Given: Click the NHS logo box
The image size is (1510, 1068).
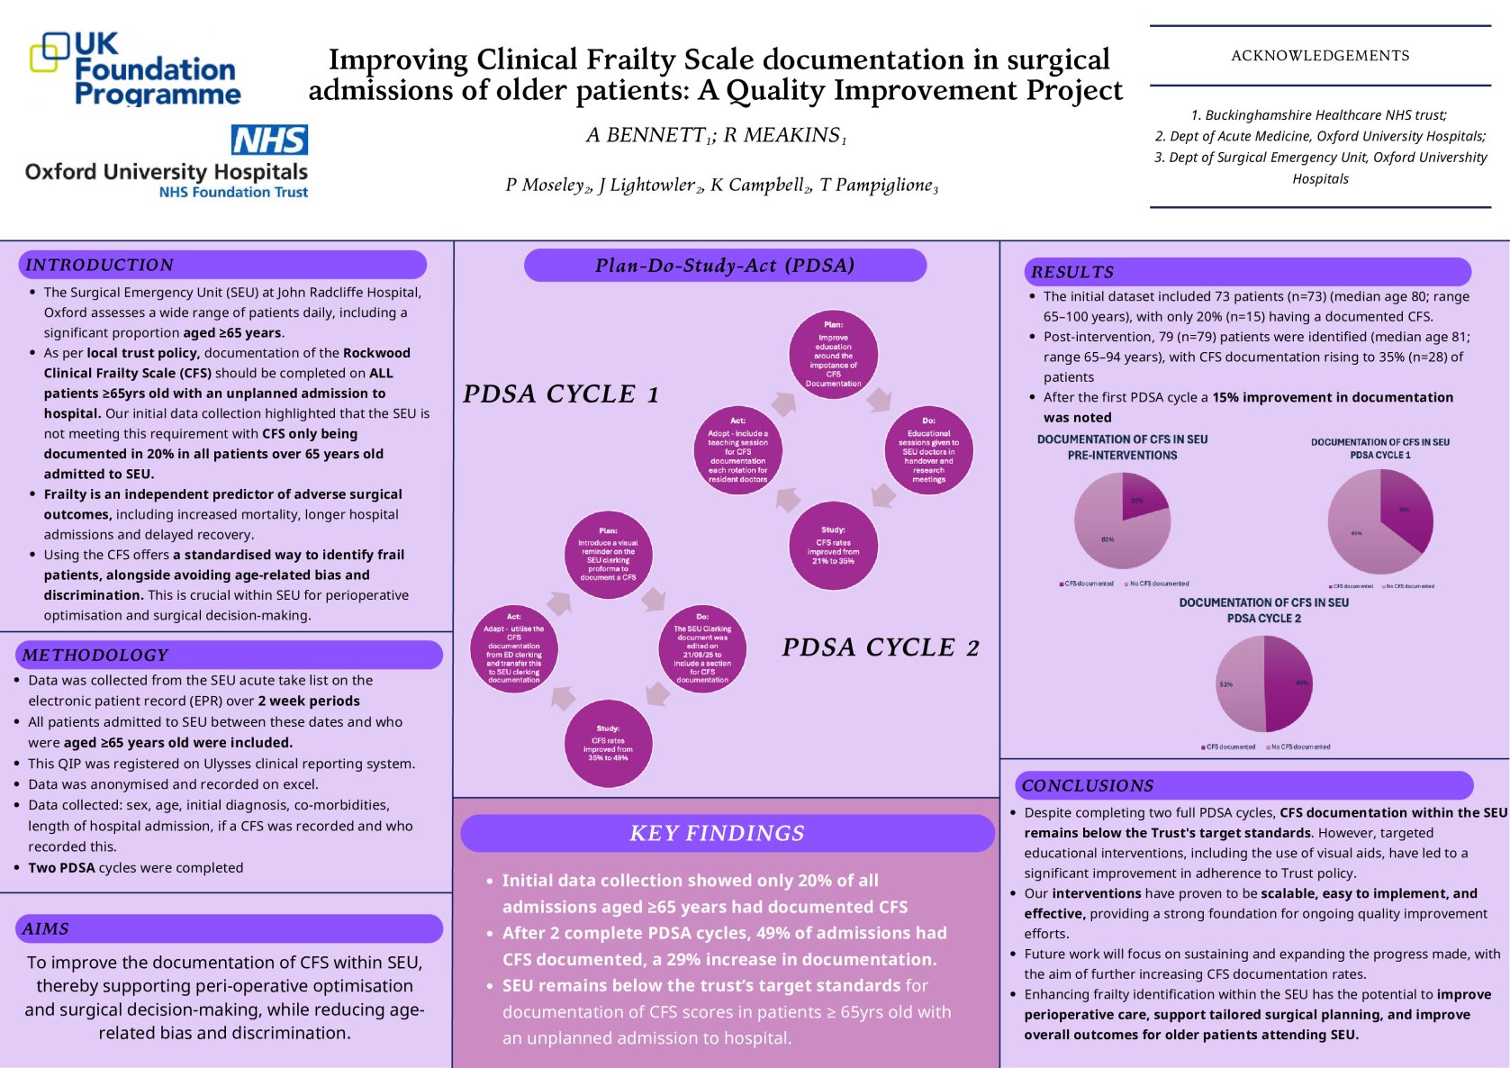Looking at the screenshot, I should [269, 140].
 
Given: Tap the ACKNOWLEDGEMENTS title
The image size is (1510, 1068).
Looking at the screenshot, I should [1320, 56].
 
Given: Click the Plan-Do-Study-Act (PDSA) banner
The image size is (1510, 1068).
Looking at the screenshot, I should [725, 266].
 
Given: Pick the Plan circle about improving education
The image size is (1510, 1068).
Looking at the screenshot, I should [833, 355].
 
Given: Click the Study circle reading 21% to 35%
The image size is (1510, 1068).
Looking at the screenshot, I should [833, 546].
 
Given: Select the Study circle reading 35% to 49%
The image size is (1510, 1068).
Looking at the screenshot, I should [608, 744].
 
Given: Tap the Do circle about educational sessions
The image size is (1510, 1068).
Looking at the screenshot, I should [928, 449].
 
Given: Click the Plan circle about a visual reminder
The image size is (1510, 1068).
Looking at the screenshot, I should [608, 555].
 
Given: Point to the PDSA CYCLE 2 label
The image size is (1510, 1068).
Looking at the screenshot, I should [880, 647].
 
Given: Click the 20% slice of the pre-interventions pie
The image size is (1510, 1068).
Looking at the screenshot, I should [1141, 498].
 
